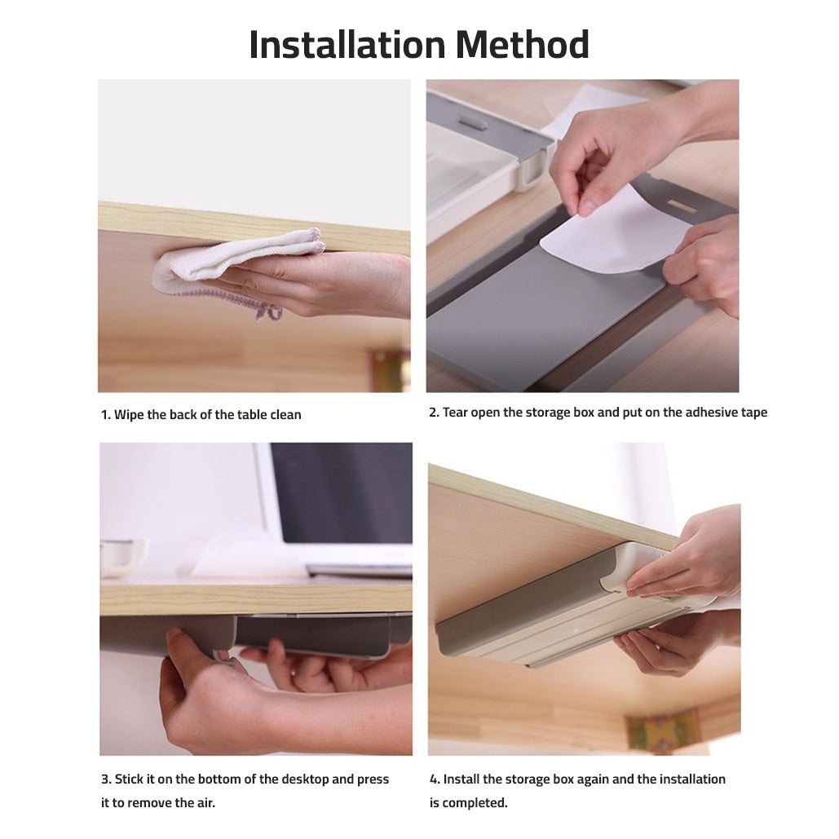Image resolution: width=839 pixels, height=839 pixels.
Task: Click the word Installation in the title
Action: [347, 44]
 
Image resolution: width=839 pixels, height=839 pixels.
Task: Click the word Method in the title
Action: [522, 44]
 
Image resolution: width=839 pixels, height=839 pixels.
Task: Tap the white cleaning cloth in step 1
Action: [238, 266]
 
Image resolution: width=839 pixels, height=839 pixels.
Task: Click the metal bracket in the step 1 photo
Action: [389, 370]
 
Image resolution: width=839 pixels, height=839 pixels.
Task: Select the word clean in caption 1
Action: [285, 415]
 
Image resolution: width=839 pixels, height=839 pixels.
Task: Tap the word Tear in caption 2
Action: [455, 413]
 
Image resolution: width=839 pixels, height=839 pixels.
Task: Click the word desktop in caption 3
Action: [304, 779]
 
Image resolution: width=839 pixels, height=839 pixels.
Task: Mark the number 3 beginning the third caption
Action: [105, 779]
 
